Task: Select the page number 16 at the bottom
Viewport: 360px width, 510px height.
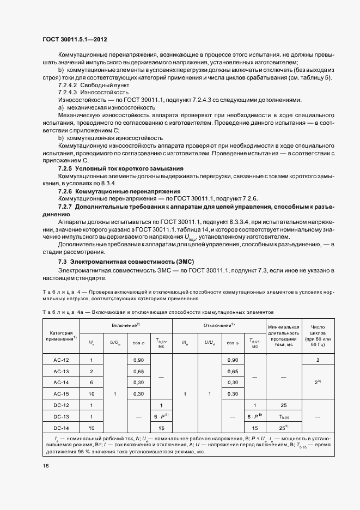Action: pyautogui.click(x=46, y=465)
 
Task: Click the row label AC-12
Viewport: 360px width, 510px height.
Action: pyautogui.click(x=61, y=360)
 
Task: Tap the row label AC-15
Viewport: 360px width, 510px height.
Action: pyautogui.click(x=61, y=393)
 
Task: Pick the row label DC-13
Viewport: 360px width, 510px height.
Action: pyautogui.click(x=61, y=417)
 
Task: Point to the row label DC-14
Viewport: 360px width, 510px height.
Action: pyautogui.click(x=61, y=428)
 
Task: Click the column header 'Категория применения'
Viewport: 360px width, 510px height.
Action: pyautogui.click(x=61, y=336)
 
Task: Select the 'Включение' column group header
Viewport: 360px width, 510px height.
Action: pyautogui.click(x=126, y=324)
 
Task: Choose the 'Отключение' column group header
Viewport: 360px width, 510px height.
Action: pyautogui.click(x=218, y=324)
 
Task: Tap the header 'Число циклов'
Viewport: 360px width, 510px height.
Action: pyautogui.click(x=317, y=335)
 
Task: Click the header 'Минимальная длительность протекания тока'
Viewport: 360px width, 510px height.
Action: pyautogui.click(x=284, y=335)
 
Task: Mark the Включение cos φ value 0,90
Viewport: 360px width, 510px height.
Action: pyautogui.click(x=138, y=360)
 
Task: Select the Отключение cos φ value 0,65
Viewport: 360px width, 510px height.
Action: pyautogui.click(x=233, y=371)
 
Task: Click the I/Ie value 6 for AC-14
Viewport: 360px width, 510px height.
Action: pyautogui.click(x=91, y=382)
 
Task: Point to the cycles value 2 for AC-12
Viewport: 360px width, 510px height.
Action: pyautogui.click(x=317, y=360)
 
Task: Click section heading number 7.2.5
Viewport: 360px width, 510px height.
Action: pyautogui.click(x=65, y=168)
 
